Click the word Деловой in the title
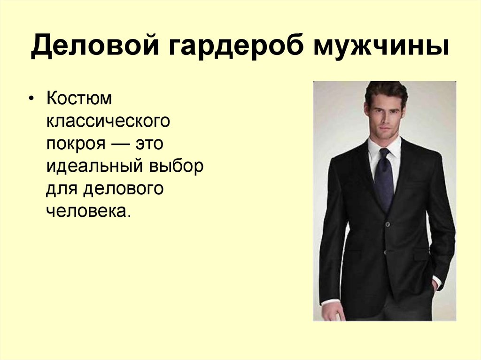click(x=95, y=46)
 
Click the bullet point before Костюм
click(x=31, y=99)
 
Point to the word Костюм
click(x=79, y=98)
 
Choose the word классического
click(x=108, y=121)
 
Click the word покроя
click(x=76, y=144)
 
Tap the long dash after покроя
click(x=120, y=144)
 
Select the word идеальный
click(x=95, y=166)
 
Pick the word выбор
click(x=177, y=166)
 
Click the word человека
click(x=88, y=211)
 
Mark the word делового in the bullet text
click(x=124, y=188)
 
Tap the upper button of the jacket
click(x=388, y=224)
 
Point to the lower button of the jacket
click(x=385, y=253)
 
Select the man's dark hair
click(x=386, y=92)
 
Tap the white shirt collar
click(x=384, y=147)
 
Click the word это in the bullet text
click(x=149, y=144)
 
